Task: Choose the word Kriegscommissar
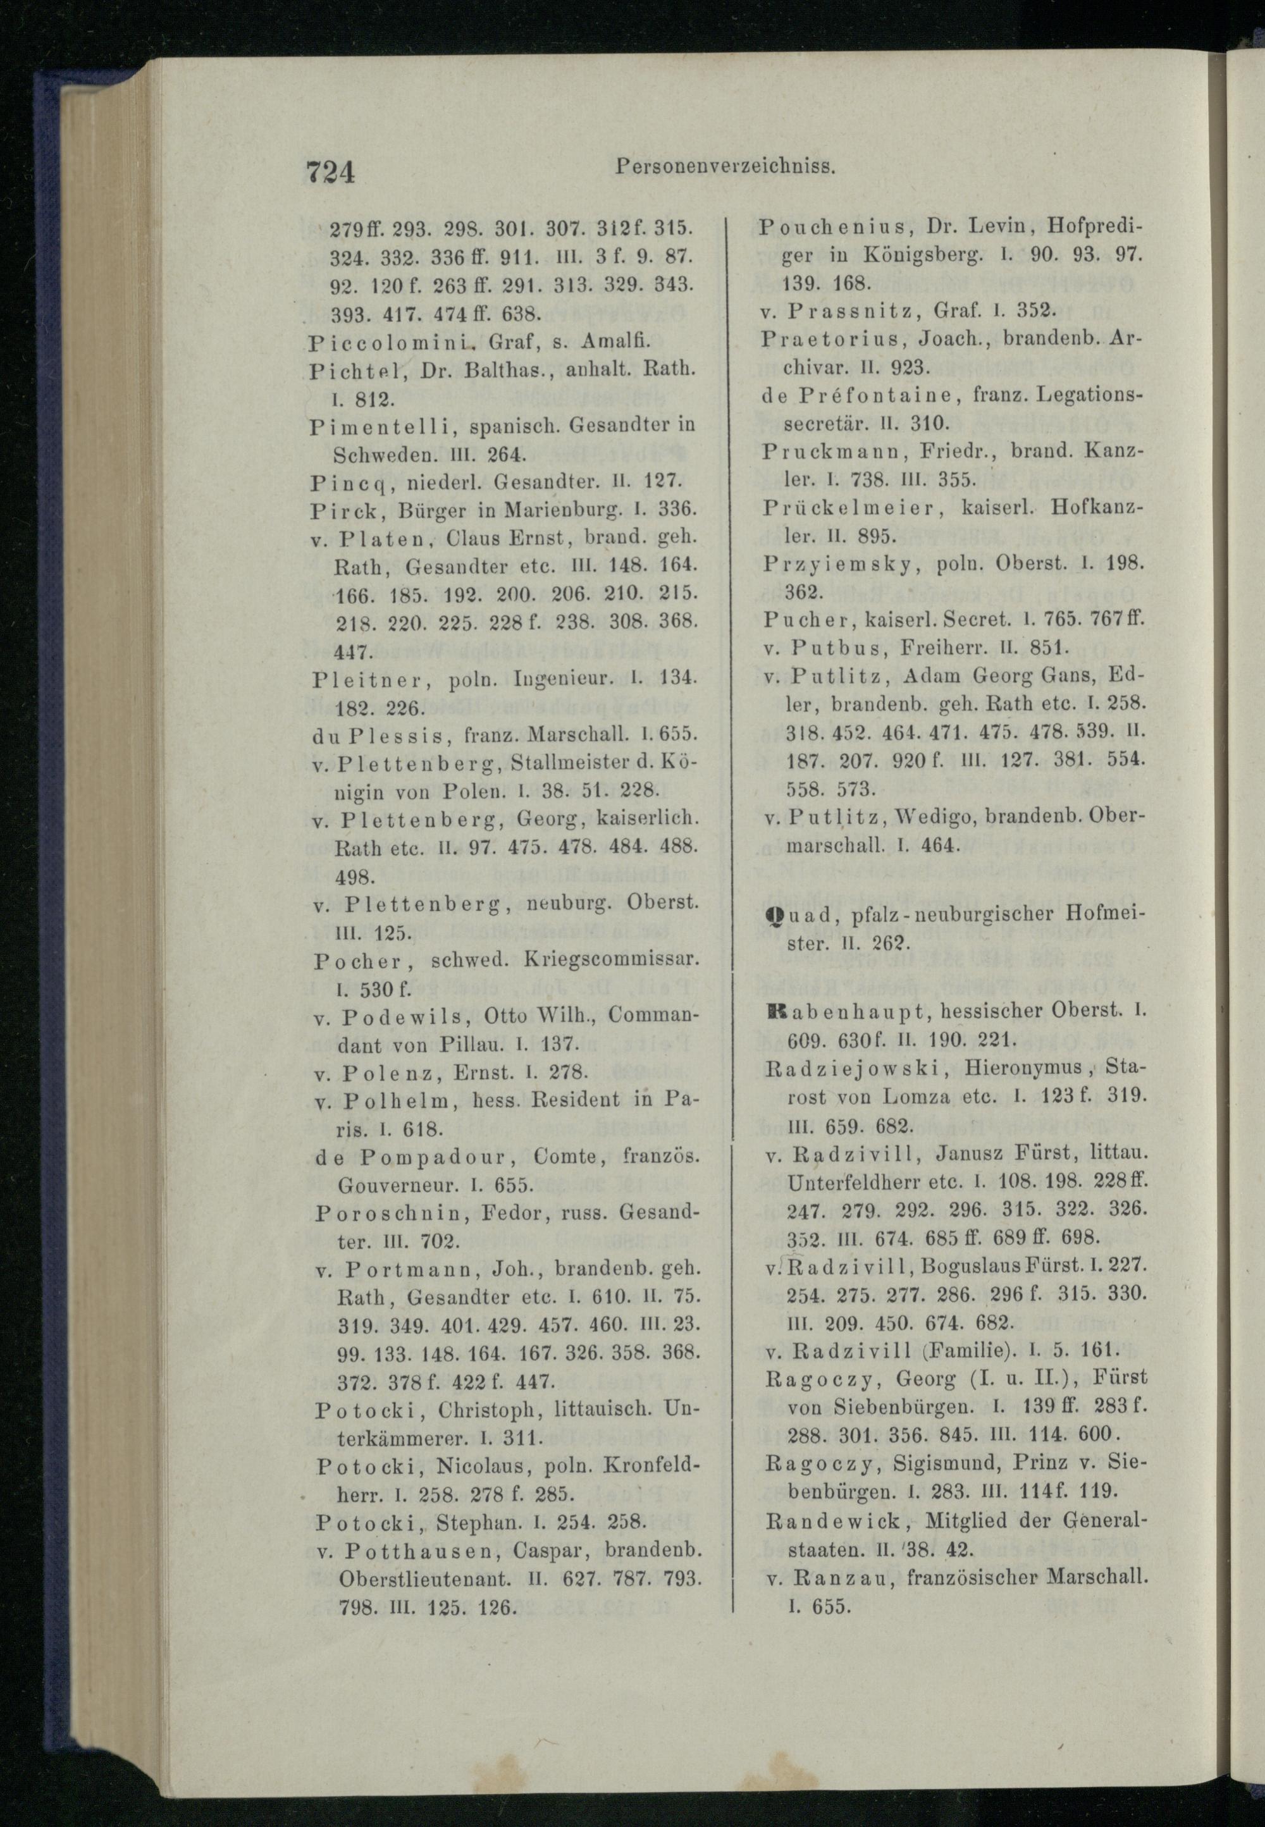point(611,959)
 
